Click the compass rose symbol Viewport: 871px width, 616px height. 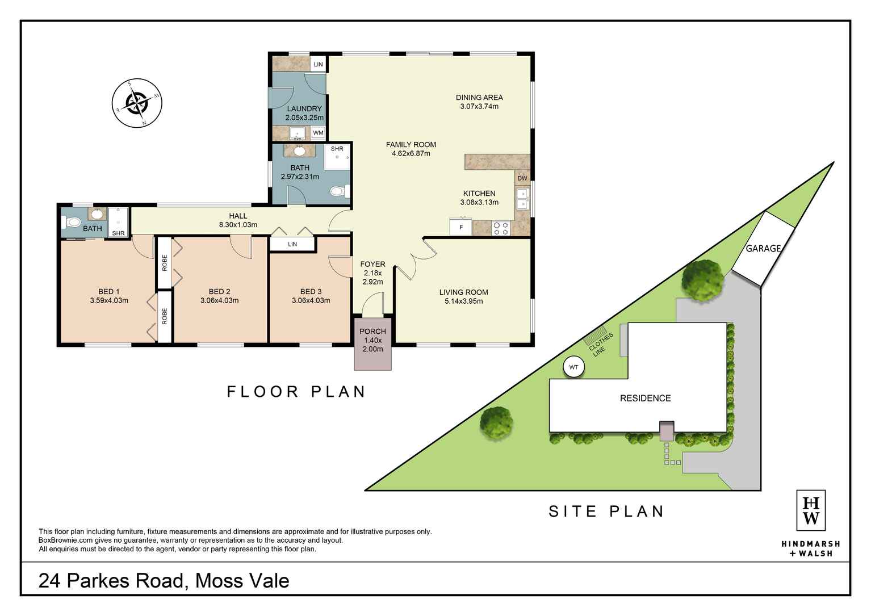tap(137, 103)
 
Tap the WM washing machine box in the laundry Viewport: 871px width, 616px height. tap(318, 133)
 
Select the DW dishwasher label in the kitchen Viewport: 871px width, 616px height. tap(522, 178)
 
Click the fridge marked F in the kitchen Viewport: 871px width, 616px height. tap(460, 227)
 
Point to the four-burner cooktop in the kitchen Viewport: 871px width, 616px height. tap(500, 228)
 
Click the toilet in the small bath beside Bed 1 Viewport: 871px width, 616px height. tap(72, 223)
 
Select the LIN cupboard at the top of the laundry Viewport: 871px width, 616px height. tap(318, 64)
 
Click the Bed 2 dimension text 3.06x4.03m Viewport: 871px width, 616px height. tap(219, 300)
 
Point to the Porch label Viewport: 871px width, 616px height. tap(372, 332)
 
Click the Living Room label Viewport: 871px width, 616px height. tap(463, 292)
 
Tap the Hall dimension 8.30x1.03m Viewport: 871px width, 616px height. tap(238, 225)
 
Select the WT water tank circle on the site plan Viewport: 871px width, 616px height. tap(573, 367)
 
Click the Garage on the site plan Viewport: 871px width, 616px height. tap(763, 249)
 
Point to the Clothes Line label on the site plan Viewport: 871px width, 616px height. tap(600, 344)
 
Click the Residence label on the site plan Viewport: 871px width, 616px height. tap(645, 398)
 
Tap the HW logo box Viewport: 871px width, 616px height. tap(811, 510)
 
